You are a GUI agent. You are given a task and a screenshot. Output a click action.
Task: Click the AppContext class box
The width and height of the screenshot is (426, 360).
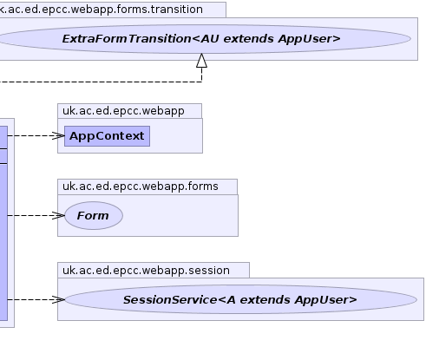click(107, 136)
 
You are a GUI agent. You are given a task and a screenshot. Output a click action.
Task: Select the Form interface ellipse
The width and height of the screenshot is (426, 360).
click(94, 215)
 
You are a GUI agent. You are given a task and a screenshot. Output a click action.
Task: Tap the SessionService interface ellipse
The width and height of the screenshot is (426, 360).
click(240, 299)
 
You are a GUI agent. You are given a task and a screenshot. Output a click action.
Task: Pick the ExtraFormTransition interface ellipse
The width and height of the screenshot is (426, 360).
click(202, 39)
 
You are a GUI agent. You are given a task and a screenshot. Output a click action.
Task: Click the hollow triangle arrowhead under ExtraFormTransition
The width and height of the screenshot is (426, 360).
click(201, 61)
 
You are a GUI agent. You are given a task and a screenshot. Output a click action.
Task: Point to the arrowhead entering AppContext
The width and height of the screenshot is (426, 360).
click(58, 135)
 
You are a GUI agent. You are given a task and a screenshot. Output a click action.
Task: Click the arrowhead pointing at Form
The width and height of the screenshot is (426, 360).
click(58, 215)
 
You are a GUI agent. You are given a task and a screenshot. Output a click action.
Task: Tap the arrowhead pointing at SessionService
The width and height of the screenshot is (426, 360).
click(58, 299)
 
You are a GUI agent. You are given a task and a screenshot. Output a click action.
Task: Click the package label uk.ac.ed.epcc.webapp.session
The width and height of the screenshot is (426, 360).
click(146, 271)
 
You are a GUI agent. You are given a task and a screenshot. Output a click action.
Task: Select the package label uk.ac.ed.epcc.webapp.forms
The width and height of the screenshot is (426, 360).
click(141, 187)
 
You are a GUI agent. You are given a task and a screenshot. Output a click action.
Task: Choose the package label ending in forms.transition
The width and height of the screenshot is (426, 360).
click(102, 10)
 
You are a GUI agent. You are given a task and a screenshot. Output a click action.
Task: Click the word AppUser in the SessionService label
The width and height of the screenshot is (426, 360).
click(325, 300)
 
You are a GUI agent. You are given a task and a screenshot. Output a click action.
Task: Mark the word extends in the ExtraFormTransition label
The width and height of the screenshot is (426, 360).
click(249, 39)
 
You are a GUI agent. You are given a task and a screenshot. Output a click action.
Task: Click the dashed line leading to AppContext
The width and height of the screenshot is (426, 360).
click(33, 135)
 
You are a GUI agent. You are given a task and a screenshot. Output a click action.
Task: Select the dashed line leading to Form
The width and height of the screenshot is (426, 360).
click(33, 215)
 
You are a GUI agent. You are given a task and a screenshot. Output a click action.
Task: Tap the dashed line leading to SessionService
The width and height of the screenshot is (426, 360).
click(33, 299)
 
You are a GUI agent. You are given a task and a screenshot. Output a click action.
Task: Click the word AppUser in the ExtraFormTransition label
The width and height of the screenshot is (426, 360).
click(309, 39)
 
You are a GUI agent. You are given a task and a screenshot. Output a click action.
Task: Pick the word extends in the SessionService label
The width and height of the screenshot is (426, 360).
click(265, 300)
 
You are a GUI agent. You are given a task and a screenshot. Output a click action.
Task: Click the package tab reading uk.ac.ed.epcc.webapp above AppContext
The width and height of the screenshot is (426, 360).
click(123, 111)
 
